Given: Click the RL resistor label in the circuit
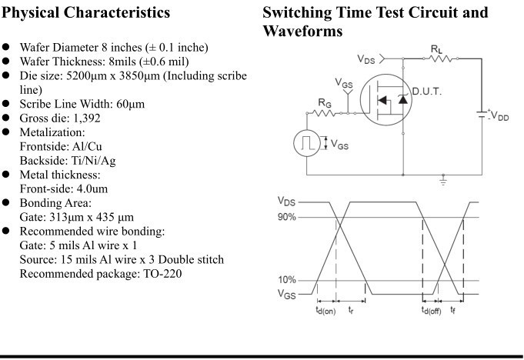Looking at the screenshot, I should click(436, 48).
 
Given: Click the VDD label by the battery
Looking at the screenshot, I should click(501, 117).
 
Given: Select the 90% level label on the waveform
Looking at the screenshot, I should click(288, 217).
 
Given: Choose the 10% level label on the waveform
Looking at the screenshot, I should click(288, 280).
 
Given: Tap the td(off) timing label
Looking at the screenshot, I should click(430, 310).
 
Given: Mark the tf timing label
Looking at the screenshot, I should click(455, 310).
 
